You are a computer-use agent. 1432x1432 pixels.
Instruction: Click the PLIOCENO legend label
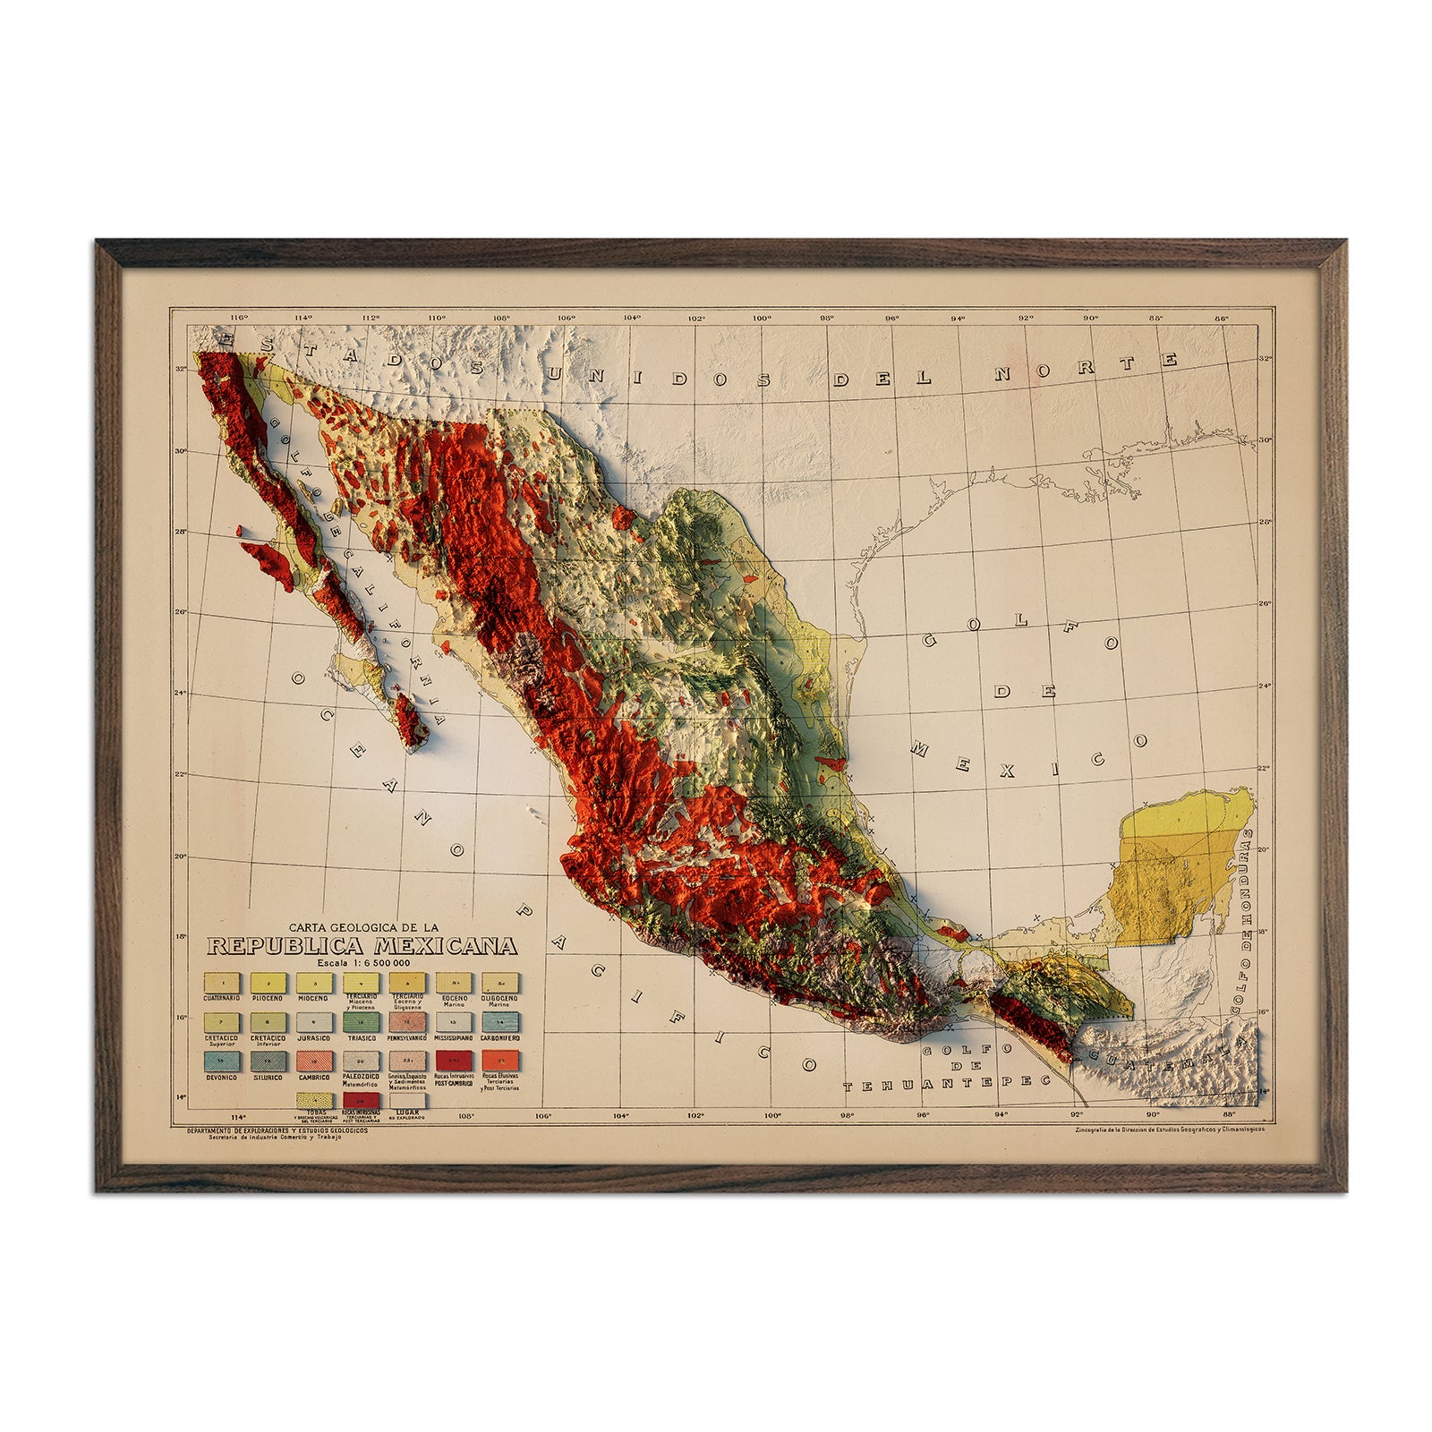(266, 998)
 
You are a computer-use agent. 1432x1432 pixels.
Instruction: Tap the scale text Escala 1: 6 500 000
(361, 962)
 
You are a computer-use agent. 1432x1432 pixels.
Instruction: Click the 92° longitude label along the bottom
(1076, 1115)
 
